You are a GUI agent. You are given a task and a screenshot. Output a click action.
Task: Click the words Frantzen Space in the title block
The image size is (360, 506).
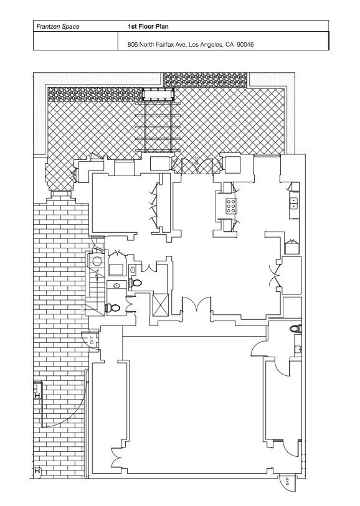pyautogui.click(x=58, y=27)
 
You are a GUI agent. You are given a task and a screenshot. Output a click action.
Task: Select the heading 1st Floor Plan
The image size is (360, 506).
pyautogui.click(x=148, y=27)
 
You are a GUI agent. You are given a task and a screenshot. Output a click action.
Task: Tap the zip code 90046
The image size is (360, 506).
pyautogui.click(x=245, y=45)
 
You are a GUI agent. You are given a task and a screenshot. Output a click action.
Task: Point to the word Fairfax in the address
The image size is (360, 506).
pyautogui.click(x=165, y=45)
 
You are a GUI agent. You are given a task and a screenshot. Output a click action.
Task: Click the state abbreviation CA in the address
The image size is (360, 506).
pyautogui.click(x=230, y=45)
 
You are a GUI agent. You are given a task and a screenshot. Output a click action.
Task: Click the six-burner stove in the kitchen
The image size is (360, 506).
pyautogui.click(x=231, y=205)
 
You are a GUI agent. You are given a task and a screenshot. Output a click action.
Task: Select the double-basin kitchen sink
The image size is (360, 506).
pyautogui.click(x=294, y=203)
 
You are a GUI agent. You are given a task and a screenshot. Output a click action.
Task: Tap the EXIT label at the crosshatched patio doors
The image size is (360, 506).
pyautogui.click(x=196, y=161)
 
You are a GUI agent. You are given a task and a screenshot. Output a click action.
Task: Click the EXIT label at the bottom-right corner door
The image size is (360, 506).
pyautogui.click(x=287, y=482)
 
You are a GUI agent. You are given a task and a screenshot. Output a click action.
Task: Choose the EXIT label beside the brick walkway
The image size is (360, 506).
pyautogui.click(x=92, y=340)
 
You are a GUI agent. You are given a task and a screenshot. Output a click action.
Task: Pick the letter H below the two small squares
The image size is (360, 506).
pyautogui.click(x=37, y=395)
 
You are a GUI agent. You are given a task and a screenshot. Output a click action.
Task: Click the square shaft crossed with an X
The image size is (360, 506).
pyautogui.click(x=161, y=304)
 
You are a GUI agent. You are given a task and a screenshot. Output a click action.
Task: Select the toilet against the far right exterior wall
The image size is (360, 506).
pyautogui.click(x=295, y=329)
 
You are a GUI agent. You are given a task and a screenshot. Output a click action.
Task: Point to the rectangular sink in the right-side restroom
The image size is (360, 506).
pyautogui.click(x=298, y=349)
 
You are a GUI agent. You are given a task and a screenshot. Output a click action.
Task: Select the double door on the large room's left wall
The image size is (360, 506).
pyautogui.click(x=116, y=458)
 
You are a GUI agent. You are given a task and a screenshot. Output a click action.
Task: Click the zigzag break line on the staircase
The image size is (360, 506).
pyautogui.click(x=96, y=274)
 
